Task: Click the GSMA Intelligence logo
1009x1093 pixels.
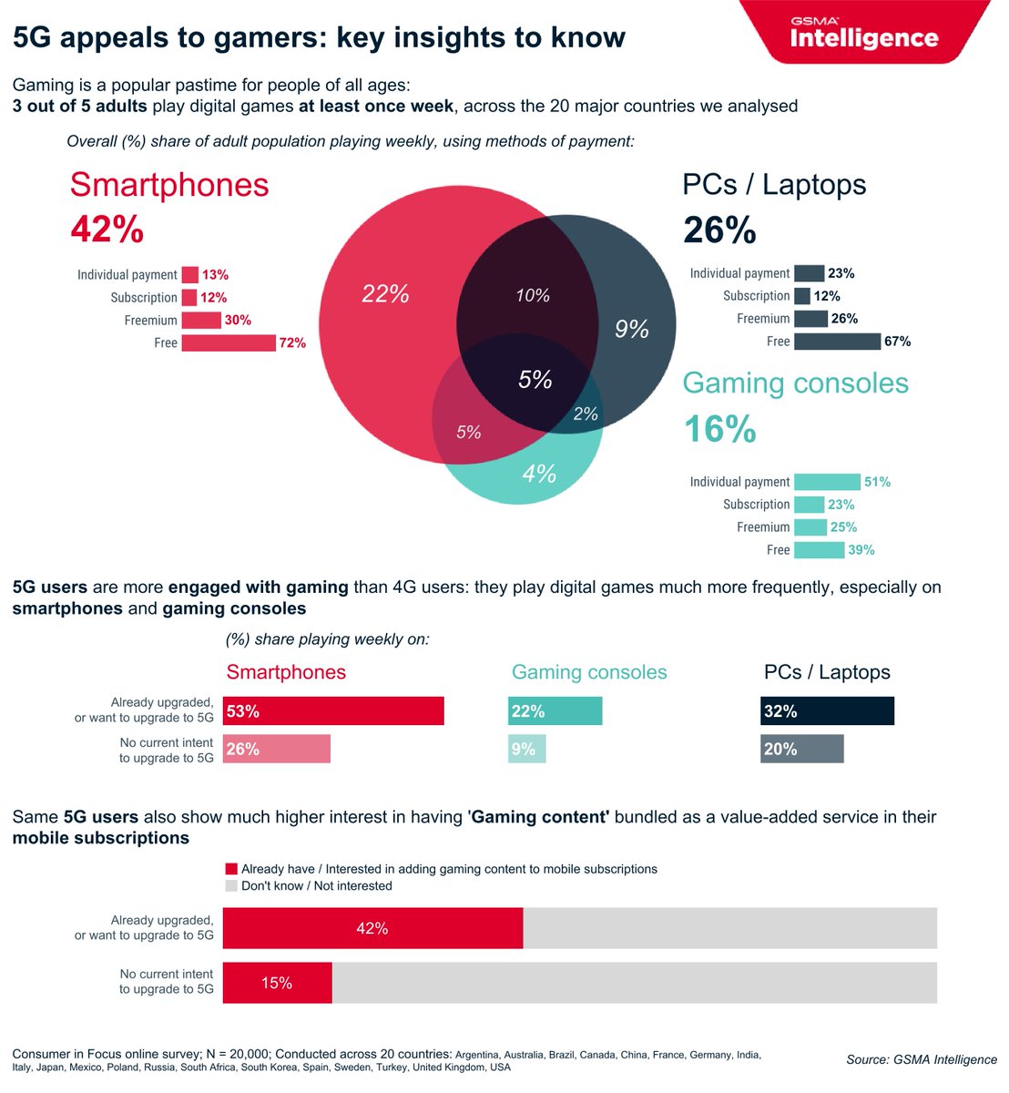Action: (x=863, y=34)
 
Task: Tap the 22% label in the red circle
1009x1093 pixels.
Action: (x=385, y=294)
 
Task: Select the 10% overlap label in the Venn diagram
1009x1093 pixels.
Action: (x=533, y=296)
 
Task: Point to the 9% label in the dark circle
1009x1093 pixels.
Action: (x=632, y=329)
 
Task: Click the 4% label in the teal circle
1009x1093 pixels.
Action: (x=539, y=474)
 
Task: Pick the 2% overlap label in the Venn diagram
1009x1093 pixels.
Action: (x=586, y=414)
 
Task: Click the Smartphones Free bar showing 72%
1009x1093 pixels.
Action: (x=229, y=343)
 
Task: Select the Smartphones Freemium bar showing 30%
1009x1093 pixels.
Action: (x=201, y=321)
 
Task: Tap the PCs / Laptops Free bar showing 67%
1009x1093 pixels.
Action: (x=837, y=342)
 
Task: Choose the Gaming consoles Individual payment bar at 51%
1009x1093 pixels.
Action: (x=827, y=482)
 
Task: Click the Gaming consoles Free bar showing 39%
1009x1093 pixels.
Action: (x=819, y=550)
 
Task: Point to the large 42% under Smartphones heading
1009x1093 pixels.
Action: (x=107, y=230)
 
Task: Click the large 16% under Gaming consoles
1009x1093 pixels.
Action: (x=719, y=429)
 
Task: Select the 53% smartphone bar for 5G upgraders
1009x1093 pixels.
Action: (x=333, y=711)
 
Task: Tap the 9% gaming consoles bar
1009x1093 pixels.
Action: (x=526, y=750)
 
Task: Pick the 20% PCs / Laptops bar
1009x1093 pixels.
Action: (x=801, y=750)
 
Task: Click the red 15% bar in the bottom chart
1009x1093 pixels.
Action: (x=277, y=983)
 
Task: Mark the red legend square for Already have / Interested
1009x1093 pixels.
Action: (x=231, y=869)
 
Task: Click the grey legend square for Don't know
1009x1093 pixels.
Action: (x=231, y=886)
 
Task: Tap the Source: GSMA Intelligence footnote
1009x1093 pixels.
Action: (x=921, y=1059)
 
